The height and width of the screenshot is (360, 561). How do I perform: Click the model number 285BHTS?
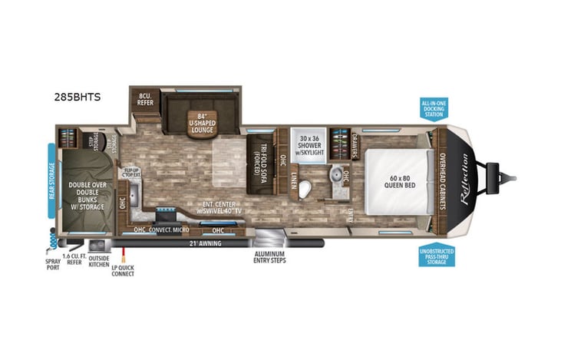(78, 97)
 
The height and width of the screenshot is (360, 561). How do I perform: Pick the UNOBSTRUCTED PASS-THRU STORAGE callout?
(437, 254)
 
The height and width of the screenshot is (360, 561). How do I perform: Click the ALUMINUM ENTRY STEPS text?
(270, 257)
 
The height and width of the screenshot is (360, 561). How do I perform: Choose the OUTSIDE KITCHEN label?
(98, 261)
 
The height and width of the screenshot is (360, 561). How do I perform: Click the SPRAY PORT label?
(52, 264)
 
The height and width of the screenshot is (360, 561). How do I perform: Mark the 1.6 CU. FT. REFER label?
(74, 261)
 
